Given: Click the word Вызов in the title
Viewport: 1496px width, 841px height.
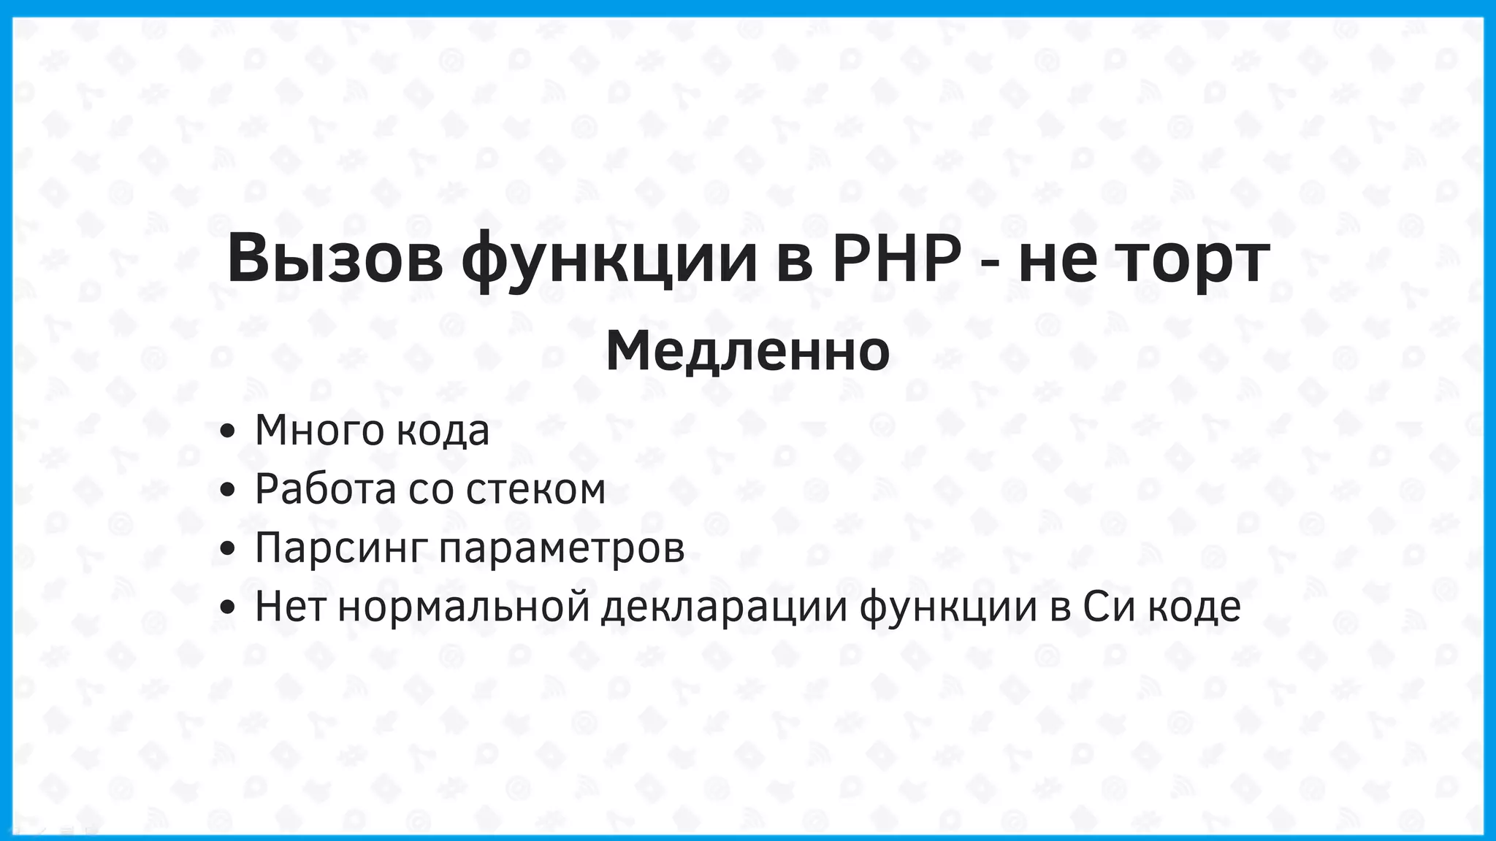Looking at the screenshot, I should tap(335, 259).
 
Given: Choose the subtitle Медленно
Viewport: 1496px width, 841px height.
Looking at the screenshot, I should tap(747, 352).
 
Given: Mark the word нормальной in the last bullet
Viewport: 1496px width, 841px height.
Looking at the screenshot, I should tap(464, 607).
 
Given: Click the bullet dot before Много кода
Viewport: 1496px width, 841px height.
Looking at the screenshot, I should tap(227, 431).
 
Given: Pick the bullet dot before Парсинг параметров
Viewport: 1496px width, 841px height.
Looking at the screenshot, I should tap(227, 549).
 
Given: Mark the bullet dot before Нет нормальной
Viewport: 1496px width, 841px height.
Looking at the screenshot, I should tap(227, 607).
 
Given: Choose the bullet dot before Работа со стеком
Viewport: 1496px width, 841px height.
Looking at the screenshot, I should tap(227, 490).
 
